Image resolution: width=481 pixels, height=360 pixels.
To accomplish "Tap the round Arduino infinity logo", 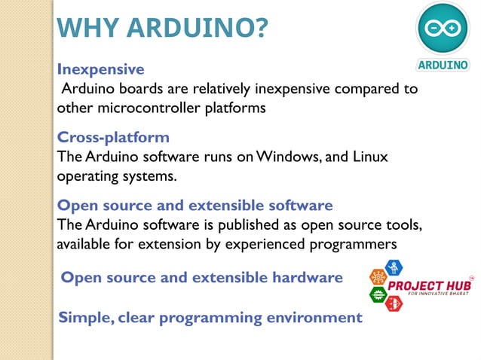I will pyautogui.click(x=443, y=29).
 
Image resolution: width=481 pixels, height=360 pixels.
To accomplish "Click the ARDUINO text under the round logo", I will pyautogui.click(x=443, y=65).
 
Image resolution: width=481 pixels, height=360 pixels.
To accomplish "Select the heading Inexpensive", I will pyautogui.click(x=100, y=69).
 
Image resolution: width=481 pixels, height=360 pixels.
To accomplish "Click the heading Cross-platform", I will pyautogui.click(x=113, y=138).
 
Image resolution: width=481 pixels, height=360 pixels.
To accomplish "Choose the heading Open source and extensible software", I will pyautogui.click(x=195, y=205).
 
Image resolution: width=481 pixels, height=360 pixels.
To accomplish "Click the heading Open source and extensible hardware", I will pyautogui.click(x=201, y=277).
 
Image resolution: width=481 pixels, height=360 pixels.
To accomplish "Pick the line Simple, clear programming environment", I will pyautogui.click(x=210, y=317).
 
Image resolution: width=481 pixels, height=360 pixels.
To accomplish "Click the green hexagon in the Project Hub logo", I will pyautogui.click(x=376, y=294).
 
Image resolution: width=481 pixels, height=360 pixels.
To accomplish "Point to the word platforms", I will pyautogui.click(x=236, y=108).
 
